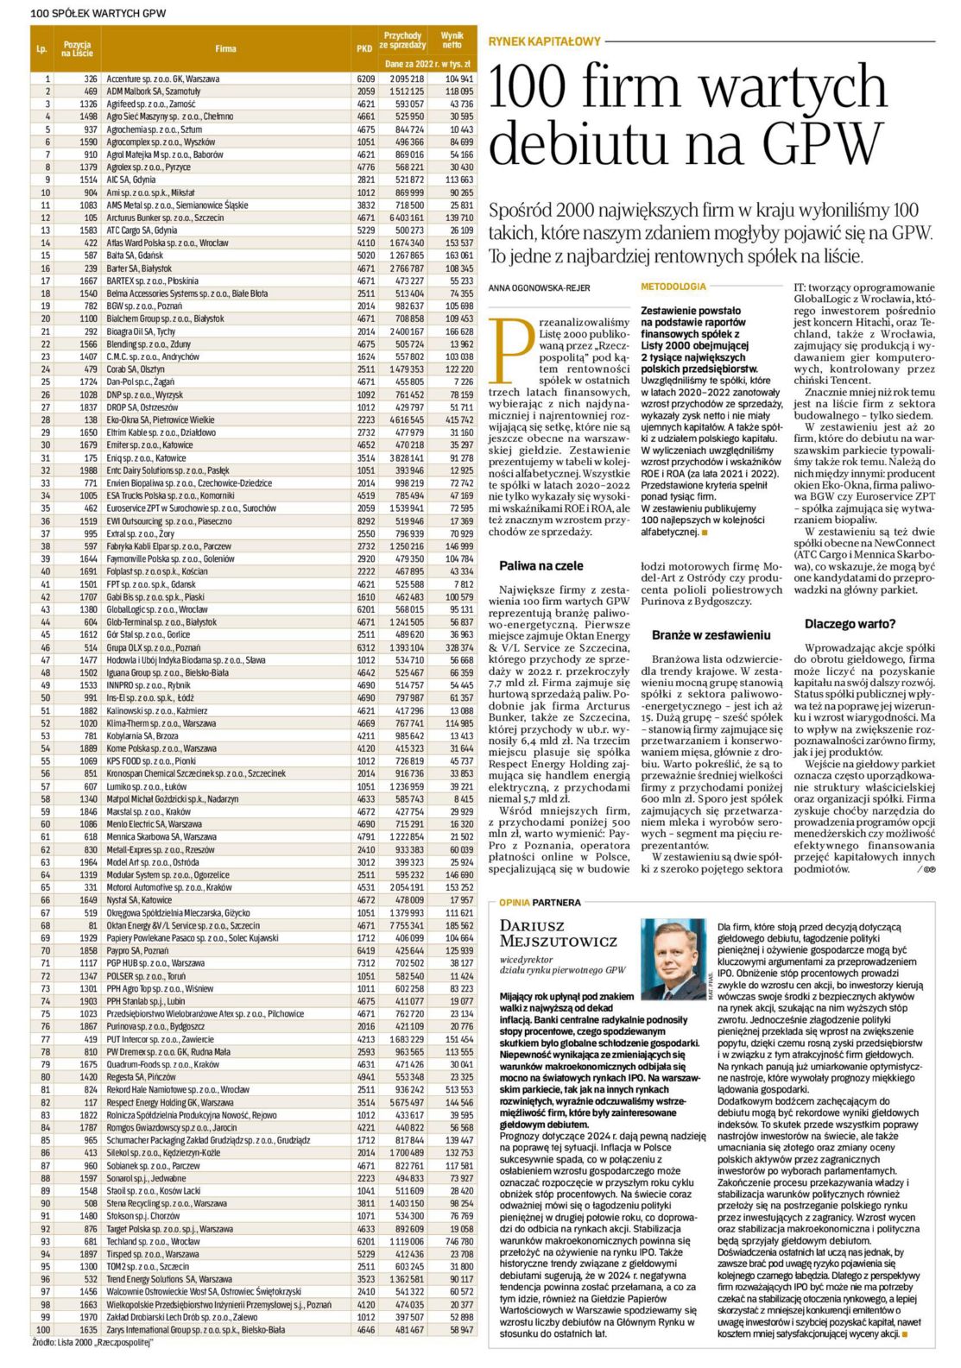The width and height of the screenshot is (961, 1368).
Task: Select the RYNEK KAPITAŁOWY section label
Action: point(544,41)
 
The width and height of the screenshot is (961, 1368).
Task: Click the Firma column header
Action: point(225,49)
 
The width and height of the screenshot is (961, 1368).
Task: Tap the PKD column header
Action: point(364,49)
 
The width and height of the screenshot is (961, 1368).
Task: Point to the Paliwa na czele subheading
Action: point(541,566)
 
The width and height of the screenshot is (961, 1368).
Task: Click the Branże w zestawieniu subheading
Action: point(711,634)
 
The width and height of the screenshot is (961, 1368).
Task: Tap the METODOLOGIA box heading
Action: point(673,287)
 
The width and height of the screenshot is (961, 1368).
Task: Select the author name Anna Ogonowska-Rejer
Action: point(539,287)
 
